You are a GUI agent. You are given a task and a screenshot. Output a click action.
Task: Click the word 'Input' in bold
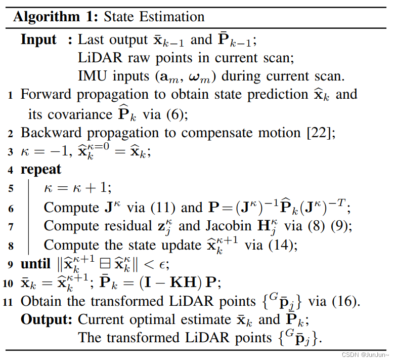click(38, 39)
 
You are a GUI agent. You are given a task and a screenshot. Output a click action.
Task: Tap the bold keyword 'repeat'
click(40, 170)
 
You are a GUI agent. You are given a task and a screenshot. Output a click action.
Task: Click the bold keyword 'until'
click(35, 264)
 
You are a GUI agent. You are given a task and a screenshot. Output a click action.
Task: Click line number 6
click(11, 208)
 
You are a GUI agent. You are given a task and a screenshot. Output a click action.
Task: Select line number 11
click(10, 302)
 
